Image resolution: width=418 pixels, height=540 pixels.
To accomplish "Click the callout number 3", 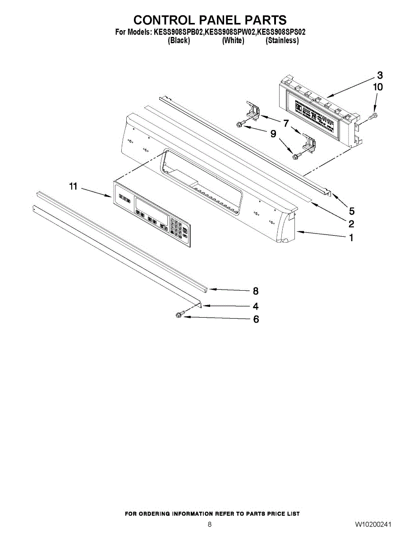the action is coord(380,75).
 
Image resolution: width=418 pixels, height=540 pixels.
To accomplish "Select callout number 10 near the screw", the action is coord(378,87).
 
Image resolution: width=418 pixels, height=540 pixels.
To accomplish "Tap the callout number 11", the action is coord(73,186).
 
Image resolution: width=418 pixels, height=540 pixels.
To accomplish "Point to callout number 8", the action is coord(256,291).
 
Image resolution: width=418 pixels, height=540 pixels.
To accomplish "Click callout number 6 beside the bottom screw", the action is coord(256,319).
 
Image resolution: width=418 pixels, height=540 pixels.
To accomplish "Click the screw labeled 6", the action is coord(179,316).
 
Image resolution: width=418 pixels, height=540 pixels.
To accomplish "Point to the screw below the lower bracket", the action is coord(296,156).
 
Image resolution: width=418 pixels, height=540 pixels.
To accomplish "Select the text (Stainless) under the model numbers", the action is coord(282,40).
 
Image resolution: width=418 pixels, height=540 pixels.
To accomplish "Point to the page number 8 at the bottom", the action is coord(210,525).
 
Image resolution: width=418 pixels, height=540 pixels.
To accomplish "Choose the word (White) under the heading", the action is coord(233,40).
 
